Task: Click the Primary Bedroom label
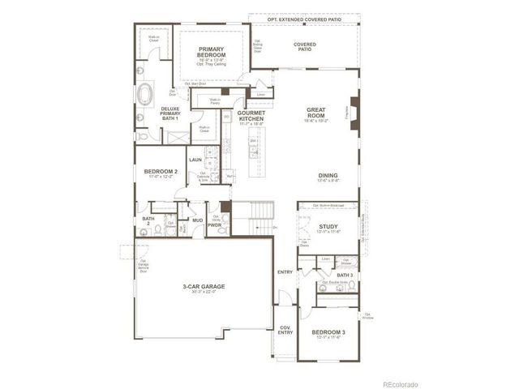211,50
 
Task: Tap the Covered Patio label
305,47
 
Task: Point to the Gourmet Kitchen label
251,116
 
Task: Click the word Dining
328,176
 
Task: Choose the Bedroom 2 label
161,172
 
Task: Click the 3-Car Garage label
204,286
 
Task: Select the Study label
328,227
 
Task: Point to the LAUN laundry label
195,160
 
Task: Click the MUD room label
197,220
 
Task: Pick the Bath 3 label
345,276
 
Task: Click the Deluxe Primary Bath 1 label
170,113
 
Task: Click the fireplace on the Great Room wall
351,109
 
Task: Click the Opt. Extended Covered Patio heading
303,18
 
